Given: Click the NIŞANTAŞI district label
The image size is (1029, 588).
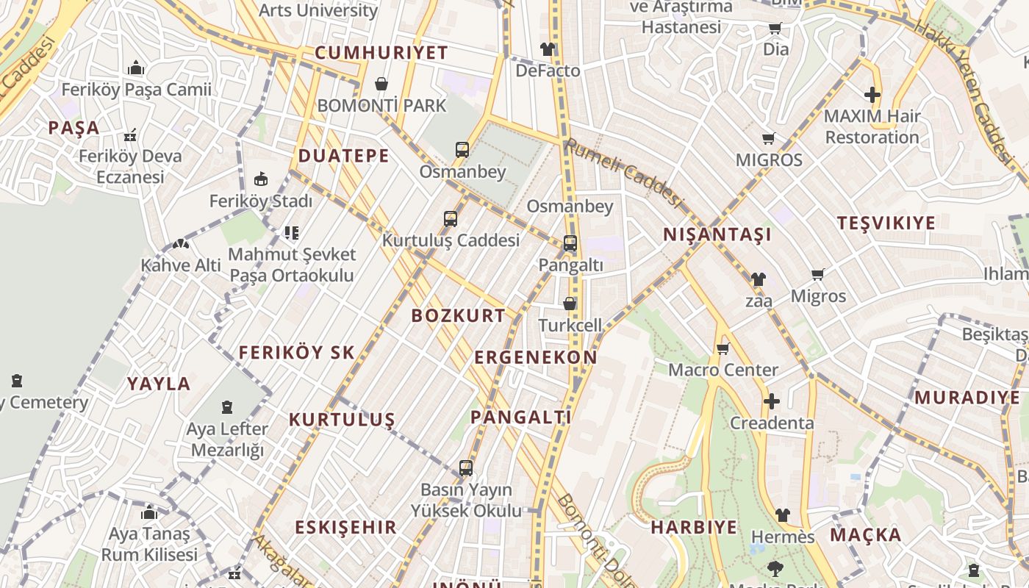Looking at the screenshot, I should [x=717, y=234].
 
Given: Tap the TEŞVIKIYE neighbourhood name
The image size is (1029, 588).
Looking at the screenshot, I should [x=886, y=223].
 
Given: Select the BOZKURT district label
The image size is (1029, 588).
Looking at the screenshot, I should [x=459, y=316].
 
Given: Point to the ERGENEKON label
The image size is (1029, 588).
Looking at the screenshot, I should [x=536, y=358].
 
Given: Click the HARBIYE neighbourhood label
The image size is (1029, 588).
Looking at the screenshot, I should [x=694, y=527].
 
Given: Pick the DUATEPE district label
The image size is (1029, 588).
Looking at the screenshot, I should [x=343, y=156].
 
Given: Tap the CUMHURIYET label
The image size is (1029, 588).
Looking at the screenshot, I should [x=381, y=53].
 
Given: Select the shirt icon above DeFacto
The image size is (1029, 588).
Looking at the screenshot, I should [x=548, y=49].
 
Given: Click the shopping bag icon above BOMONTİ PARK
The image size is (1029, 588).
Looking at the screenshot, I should [x=381, y=84].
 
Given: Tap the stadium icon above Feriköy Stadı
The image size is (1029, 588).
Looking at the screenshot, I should [x=260, y=179].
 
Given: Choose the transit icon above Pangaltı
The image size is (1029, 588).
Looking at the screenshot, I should [x=570, y=243].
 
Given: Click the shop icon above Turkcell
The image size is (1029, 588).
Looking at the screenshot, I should [x=570, y=303].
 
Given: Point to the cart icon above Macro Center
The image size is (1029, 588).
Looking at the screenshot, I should [x=723, y=348].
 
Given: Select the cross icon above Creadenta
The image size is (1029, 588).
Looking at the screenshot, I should [x=771, y=401].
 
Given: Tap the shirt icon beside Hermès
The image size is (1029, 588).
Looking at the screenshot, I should [x=782, y=515].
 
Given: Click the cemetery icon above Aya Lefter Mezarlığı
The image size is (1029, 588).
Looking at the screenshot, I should [x=227, y=406].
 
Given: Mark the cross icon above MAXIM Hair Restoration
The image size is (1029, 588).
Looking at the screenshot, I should [x=872, y=95].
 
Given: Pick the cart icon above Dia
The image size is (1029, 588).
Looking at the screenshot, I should [x=775, y=29].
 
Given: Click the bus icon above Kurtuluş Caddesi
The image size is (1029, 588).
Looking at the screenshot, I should [x=451, y=218].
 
